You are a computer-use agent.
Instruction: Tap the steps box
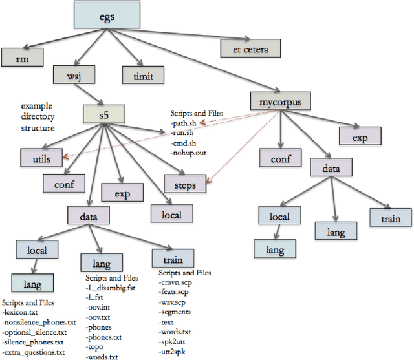pos(186,185)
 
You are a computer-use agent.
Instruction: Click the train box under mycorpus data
pos(391,218)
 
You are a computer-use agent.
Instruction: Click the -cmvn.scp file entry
pos(176,281)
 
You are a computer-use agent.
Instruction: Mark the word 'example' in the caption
pos(36,105)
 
